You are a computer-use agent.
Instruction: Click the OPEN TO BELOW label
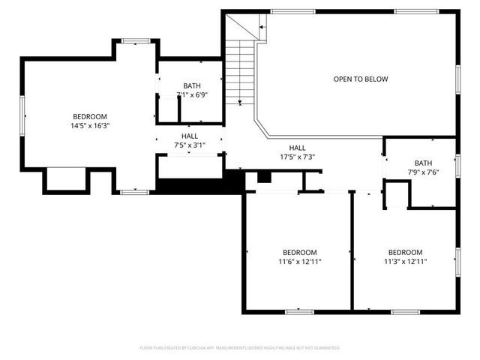coord(361,79)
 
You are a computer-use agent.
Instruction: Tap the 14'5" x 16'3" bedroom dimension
coord(89,126)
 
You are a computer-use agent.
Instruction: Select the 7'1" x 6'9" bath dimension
coord(191,95)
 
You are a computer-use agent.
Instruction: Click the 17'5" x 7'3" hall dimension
coord(297,157)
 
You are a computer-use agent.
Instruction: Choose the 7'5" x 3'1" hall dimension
coord(189,145)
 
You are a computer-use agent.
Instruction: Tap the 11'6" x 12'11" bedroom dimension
coord(299,262)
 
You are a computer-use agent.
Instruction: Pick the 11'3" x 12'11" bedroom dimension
coord(405,262)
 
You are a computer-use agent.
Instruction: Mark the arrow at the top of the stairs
coord(262,27)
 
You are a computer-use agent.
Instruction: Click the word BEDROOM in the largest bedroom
coord(89,116)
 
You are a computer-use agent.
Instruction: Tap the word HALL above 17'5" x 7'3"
coord(297,148)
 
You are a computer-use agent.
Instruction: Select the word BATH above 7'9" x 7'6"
coord(424,163)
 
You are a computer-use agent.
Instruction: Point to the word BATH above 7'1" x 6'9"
coord(191,85)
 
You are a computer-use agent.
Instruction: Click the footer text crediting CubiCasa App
coord(240,348)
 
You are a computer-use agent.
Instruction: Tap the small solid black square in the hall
coord(263,176)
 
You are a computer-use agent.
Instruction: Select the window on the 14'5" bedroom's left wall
coord(23,115)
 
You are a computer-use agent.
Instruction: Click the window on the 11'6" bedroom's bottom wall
coord(298,310)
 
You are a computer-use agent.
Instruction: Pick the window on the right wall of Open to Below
coord(457,78)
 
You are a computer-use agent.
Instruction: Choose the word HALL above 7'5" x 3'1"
coord(189,136)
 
